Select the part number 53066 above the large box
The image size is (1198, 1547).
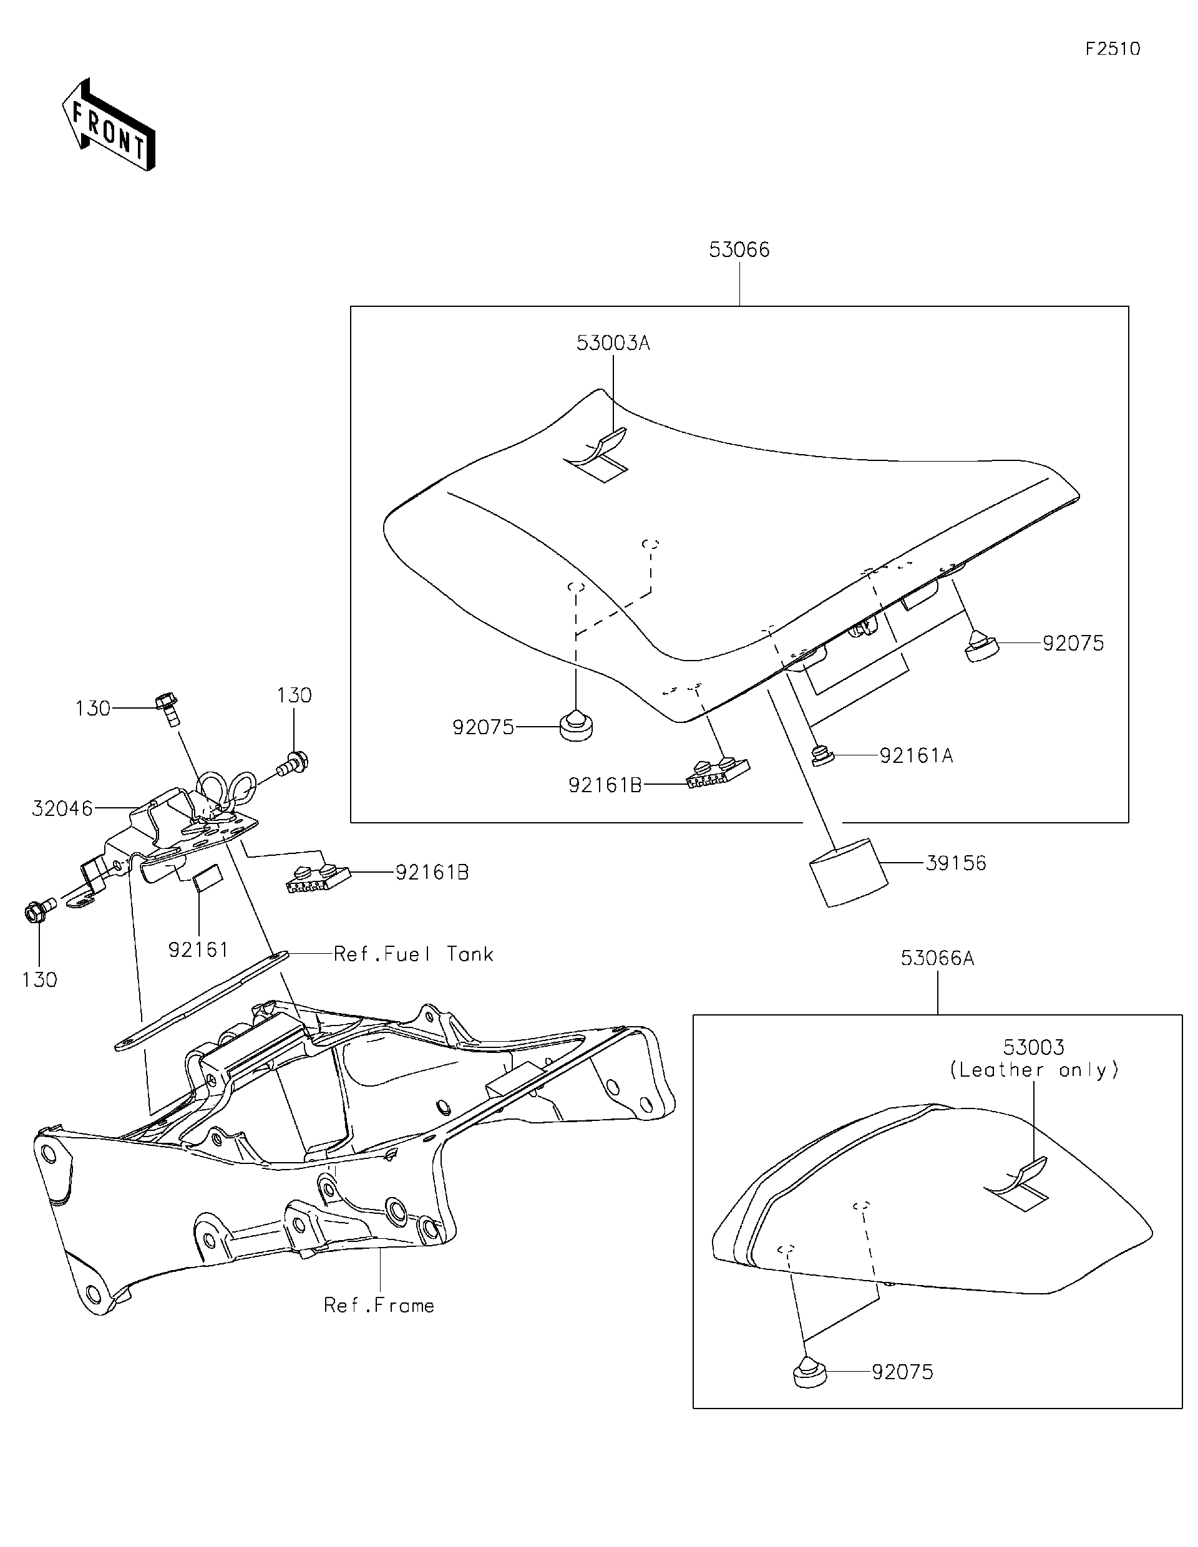[x=739, y=250]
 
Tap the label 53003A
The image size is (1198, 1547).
[x=613, y=344]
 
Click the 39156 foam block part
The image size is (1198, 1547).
[x=847, y=872]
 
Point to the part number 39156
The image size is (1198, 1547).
[x=956, y=863]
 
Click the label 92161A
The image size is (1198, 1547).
[x=916, y=757]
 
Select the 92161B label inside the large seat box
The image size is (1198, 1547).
[x=605, y=785]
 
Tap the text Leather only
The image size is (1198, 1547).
[x=1034, y=1070]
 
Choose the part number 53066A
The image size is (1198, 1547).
[x=937, y=958]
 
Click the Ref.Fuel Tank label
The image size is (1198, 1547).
[x=413, y=954]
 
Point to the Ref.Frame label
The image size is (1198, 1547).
[x=379, y=1306]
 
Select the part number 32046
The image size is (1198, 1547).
[x=62, y=808]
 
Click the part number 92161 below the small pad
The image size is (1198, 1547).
[x=198, y=950]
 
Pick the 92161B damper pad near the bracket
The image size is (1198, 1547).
[x=318, y=878]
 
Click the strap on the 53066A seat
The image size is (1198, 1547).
[x=1019, y=1181]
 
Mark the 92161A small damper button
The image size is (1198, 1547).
[x=822, y=757]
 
